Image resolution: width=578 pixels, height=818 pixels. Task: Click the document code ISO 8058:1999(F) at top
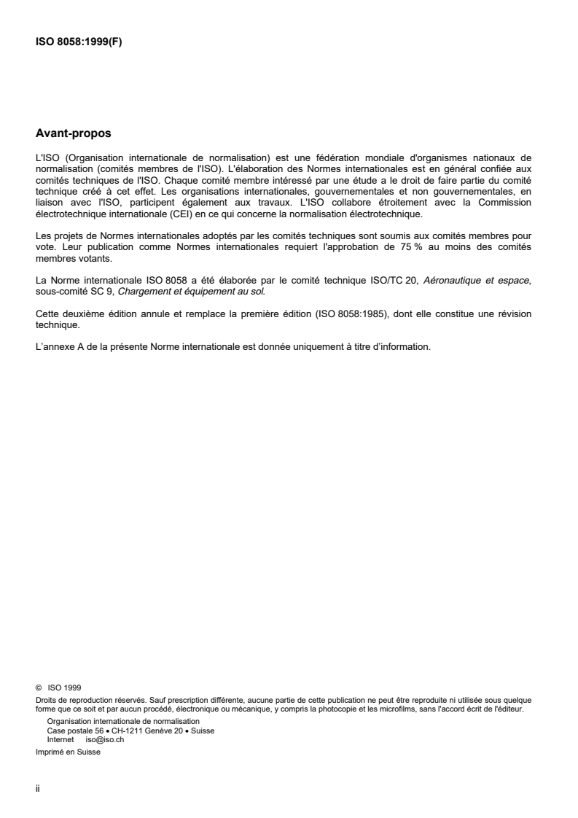tap(79, 42)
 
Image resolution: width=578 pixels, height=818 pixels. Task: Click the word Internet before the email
tap(60, 738)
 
